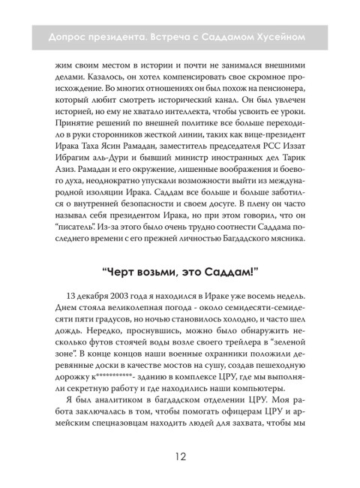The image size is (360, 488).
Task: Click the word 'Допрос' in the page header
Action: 66,35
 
